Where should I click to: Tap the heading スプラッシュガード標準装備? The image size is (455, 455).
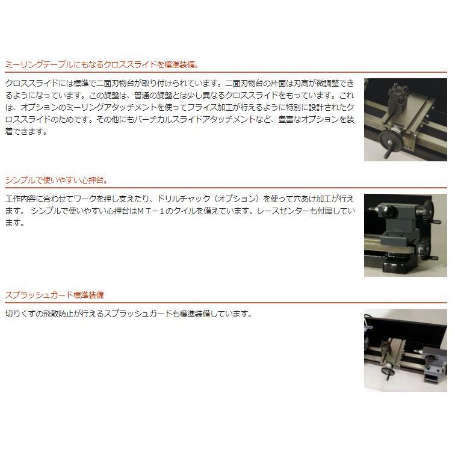(x=54, y=295)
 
